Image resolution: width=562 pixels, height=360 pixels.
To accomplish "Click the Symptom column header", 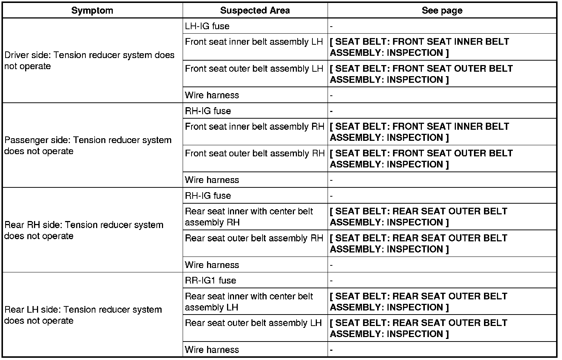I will point(92,10).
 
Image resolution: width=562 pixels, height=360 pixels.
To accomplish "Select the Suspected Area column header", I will point(255,10).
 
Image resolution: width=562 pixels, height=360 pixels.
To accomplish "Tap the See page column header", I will point(442,10).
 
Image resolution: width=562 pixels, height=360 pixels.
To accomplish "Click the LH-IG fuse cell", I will point(207,26).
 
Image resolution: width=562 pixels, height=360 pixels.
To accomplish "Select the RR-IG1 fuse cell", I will point(210,281).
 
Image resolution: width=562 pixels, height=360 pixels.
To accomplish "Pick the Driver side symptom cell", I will point(89,61).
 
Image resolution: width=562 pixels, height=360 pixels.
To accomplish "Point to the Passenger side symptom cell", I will point(88,146).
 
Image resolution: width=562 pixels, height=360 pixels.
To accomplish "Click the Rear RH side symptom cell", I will point(84,230).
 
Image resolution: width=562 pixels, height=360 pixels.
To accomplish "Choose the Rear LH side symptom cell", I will point(83,315).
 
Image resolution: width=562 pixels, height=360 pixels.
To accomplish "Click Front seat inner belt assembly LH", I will point(254,42).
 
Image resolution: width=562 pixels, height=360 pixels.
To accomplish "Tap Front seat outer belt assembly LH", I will point(254,69).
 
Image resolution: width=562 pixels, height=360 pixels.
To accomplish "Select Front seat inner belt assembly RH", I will point(254,127).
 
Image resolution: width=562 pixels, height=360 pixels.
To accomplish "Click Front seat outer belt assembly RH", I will point(254,153).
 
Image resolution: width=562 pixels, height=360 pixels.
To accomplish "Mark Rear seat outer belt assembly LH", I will point(253,323).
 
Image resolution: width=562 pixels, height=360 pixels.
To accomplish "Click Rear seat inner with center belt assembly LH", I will point(248,302).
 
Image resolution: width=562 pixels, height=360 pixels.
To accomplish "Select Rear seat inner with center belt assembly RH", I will point(248,217).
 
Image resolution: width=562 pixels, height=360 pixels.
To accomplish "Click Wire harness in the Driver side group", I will point(212,95).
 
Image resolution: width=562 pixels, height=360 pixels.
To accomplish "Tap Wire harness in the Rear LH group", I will point(212,350).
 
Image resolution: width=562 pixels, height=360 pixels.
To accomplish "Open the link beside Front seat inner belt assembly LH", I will point(419,47).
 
